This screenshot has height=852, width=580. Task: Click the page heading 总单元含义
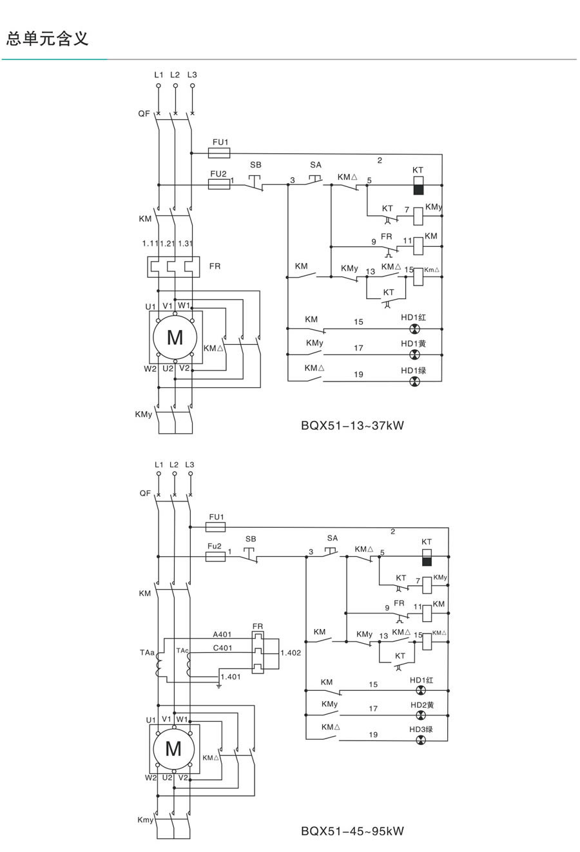coord(47,38)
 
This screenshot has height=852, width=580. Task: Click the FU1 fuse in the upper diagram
coord(220,153)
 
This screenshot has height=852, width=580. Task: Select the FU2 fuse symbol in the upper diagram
coord(220,184)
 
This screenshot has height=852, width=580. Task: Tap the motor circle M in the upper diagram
coord(175,337)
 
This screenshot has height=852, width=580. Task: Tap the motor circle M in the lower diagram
coord(173,748)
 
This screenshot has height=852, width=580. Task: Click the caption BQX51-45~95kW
coord(352,831)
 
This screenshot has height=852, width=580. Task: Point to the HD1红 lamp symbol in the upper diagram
coord(415,328)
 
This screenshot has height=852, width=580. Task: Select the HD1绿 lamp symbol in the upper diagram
coord(415,382)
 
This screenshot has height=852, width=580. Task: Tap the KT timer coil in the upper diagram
coord(418,184)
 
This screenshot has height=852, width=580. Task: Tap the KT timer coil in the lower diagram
coord(426,557)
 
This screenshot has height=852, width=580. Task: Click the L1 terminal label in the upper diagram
coord(159,75)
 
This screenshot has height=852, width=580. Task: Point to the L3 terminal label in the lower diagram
coord(189,465)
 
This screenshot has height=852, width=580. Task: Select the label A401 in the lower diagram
coord(222,635)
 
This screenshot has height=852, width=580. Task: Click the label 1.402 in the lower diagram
coord(291,653)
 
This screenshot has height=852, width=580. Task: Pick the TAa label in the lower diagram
coord(146,654)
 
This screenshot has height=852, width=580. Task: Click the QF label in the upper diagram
coord(144,113)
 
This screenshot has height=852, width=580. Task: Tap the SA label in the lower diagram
coord(332,538)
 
